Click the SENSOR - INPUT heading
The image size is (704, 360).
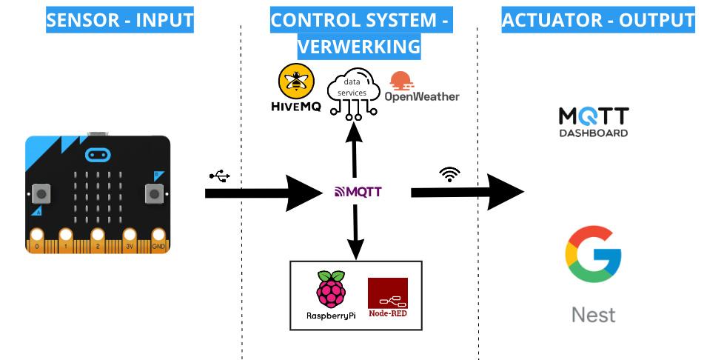[119, 20]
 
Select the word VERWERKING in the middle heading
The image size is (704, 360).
[359, 47]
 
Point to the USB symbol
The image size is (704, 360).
[220, 176]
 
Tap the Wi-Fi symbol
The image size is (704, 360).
[449, 175]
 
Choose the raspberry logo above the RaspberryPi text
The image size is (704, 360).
[330, 290]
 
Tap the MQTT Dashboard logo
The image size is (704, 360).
[594, 121]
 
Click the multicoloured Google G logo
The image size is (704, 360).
[593, 255]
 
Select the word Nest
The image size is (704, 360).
[593, 315]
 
